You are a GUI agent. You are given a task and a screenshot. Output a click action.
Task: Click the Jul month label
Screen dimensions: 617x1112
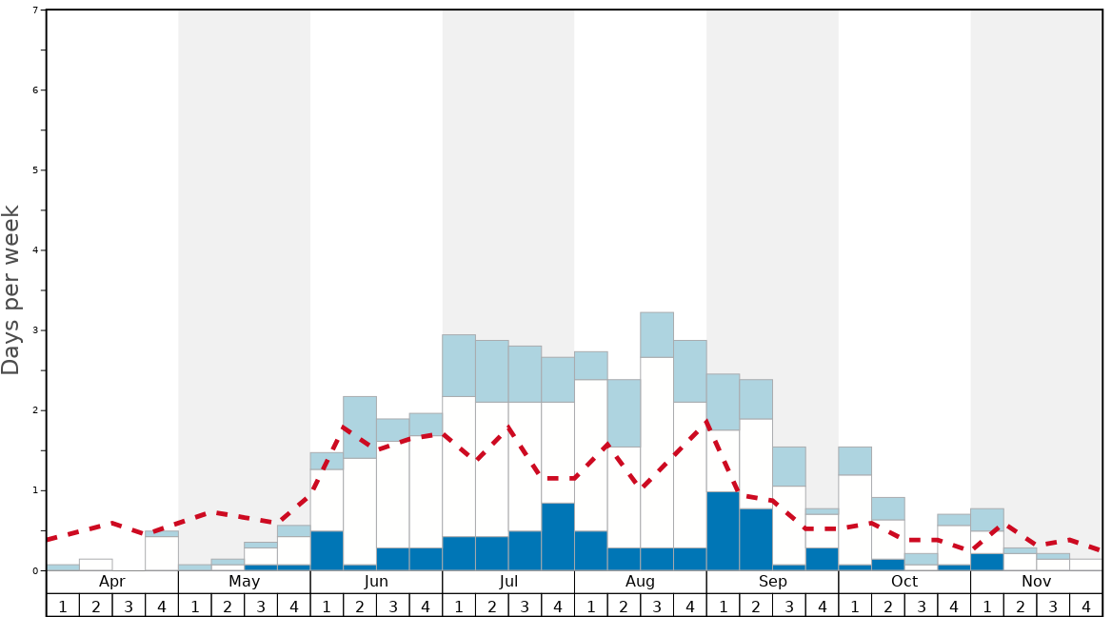click(508, 582)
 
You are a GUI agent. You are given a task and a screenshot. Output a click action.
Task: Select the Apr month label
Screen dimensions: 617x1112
click(112, 582)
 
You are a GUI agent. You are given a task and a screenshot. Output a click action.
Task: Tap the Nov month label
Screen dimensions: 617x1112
click(1036, 582)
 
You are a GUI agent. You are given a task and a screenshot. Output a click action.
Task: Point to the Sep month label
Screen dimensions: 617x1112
click(772, 582)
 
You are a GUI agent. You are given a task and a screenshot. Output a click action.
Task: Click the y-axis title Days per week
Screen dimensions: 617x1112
click(11, 290)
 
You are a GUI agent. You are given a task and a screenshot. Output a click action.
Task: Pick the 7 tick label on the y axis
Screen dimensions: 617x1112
click(35, 10)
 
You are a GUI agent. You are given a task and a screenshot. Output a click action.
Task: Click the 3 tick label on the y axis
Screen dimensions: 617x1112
click(35, 330)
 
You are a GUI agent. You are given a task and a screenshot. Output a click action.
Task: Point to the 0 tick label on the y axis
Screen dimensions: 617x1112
click(35, 570)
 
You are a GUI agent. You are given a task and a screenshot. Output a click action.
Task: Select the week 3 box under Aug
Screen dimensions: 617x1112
click(657, 605)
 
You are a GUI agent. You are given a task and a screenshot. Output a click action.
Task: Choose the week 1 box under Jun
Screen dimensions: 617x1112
click(327, 605)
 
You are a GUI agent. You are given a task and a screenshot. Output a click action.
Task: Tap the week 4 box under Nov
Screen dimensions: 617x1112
click(1085, 605)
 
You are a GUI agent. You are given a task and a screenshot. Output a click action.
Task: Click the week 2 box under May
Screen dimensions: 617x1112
click(228, 605)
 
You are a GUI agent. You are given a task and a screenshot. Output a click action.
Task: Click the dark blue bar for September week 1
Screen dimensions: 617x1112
click(723, 530)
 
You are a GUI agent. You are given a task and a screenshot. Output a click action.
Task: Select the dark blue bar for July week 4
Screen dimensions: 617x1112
click(558, 536)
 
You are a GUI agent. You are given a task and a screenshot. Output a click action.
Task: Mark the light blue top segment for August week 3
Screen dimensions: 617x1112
click(657, 334)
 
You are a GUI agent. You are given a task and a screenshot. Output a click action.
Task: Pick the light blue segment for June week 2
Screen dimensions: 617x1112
click(360, 427)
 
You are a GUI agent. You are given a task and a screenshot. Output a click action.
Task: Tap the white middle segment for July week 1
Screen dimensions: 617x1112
click(459, 466)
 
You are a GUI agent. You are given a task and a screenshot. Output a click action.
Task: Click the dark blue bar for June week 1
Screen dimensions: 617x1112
click(327, 550)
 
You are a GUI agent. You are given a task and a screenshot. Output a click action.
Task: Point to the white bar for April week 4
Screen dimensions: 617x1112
click(162, 553)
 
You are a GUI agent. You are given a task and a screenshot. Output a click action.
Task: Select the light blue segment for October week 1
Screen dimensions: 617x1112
click(855, 461)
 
